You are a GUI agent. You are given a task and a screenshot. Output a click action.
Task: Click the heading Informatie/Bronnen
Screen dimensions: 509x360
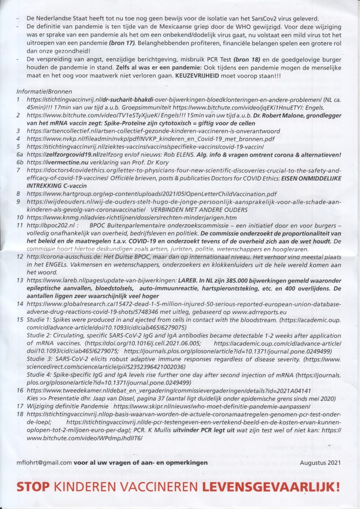point(44,92)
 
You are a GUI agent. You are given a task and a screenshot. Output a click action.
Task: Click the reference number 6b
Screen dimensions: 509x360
point(20,162)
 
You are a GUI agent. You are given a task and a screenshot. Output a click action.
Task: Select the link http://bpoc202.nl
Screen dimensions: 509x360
point(49,225)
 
